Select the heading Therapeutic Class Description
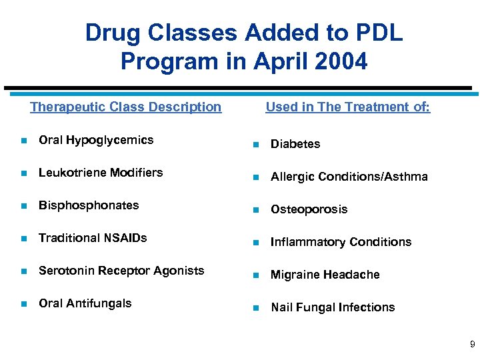coord(125,107)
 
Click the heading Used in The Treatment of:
coord(347,107)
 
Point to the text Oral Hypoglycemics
coord(96,140)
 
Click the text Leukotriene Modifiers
coord(101,173)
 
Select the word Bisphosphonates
coord(89,205)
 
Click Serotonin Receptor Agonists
coord(121,271)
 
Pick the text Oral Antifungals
coord(85,303)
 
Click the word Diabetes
coord(295,144)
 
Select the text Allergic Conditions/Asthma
coord(349,177)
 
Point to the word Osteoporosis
coord(309,209)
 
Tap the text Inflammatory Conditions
coord(341,242)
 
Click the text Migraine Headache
coord(325,275)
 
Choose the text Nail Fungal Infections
coord(332,307)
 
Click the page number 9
coord(472,345)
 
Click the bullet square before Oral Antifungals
coord(23,304)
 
